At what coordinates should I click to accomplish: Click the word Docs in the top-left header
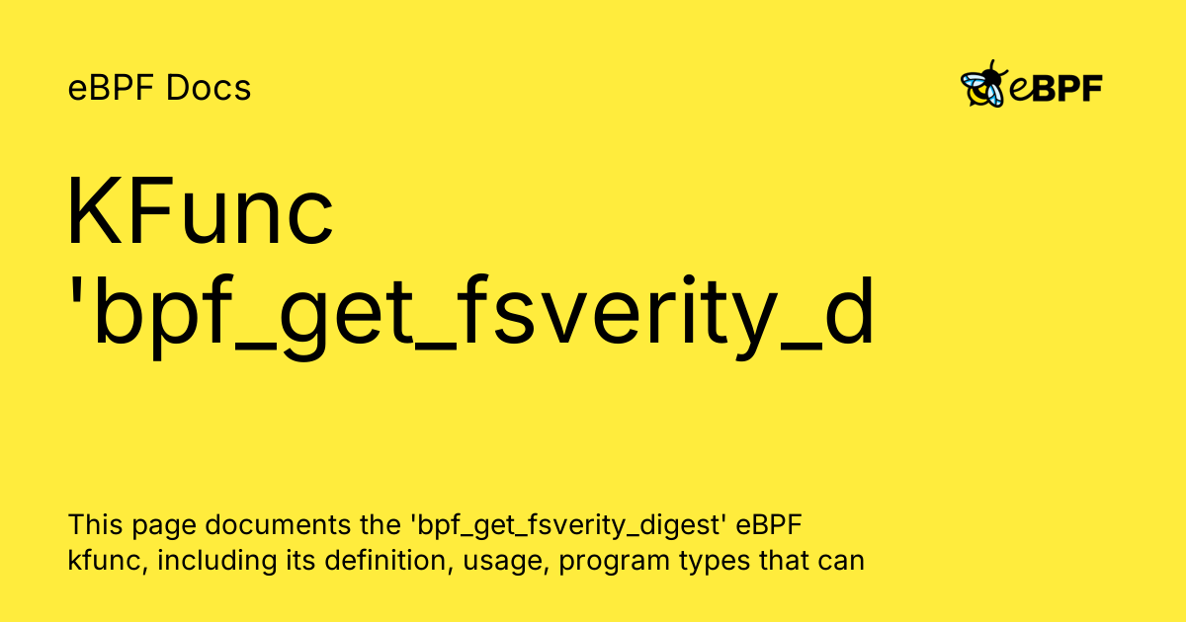click(x=209, y=89)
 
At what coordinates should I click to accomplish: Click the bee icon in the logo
click(x=983, y=85)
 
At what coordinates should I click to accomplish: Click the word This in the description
click(x=91, y=523)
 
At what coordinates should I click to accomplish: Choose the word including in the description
click(x=203, y=562)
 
